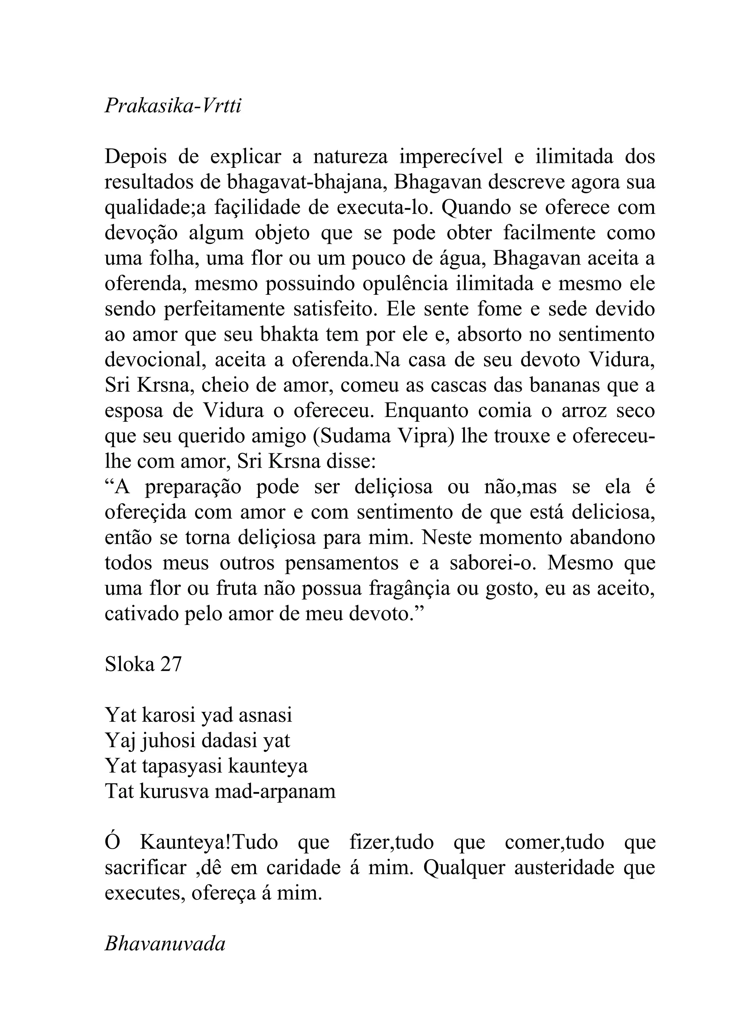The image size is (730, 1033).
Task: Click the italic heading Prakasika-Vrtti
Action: coord(173,106)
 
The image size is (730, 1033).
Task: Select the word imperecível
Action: coord(451,156)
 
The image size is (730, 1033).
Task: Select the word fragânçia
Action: coord(409,589)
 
